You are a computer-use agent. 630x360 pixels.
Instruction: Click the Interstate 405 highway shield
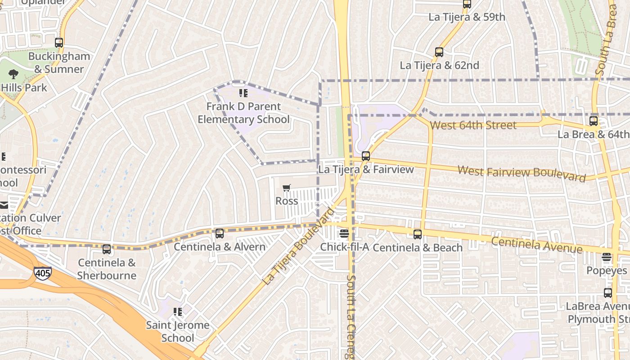pos(42,273)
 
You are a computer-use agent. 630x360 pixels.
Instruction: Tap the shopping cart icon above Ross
pos(287,188)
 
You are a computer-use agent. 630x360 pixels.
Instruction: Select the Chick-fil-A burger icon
pos(344,233)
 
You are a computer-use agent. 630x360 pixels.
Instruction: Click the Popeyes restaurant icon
pos(607,257)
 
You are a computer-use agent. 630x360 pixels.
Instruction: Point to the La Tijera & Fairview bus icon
pos(366,156)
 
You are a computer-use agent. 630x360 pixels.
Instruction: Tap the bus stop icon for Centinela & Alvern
pos(220,234)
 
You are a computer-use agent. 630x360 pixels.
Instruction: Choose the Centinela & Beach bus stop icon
pos(418,234)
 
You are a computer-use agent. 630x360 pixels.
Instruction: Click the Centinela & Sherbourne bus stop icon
pos(107,249)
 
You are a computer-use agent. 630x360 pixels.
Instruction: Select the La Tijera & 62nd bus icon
pos(439,52)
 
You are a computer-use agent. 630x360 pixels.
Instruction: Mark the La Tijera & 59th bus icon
pos(467,4)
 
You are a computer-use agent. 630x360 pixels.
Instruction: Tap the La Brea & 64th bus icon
pos(594,121)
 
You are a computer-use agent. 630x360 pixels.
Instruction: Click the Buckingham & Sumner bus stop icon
pos(59,43)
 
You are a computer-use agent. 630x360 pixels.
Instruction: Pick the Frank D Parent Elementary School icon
pos(243,93)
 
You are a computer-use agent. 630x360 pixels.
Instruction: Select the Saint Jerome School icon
pos(178,311)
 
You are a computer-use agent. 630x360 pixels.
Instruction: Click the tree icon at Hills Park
pos(13,74)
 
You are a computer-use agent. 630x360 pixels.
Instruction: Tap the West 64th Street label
pos(473,125)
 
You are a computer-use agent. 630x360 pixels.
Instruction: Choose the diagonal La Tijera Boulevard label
pos(299,246)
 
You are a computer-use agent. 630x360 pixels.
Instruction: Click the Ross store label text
pos(287,201)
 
